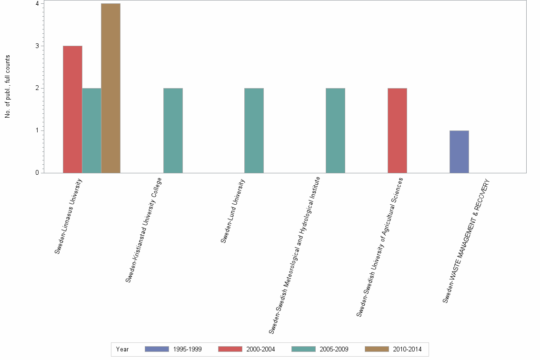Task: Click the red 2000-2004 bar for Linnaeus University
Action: pos(72,110)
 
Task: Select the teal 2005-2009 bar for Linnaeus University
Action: pos(91,130)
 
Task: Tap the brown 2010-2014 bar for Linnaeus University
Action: pos(110,88)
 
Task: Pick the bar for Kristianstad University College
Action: pos(173,130)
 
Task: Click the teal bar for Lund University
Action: pos(254,130)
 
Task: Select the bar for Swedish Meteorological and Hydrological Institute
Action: pos(335,130)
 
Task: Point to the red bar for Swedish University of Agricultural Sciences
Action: pos(397,130)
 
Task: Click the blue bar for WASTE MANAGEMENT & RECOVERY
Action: pos(459,151)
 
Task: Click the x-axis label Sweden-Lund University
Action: pos(233,210)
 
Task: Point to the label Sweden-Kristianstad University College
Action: pos(144,230)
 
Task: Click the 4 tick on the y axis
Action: pos(37,4)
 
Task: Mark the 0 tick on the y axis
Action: pos(37,173)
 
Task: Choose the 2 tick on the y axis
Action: pos(37,88)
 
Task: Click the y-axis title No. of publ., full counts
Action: pos(8,87)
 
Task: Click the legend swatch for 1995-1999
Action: pos(157,349)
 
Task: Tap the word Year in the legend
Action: pos(122,349)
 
